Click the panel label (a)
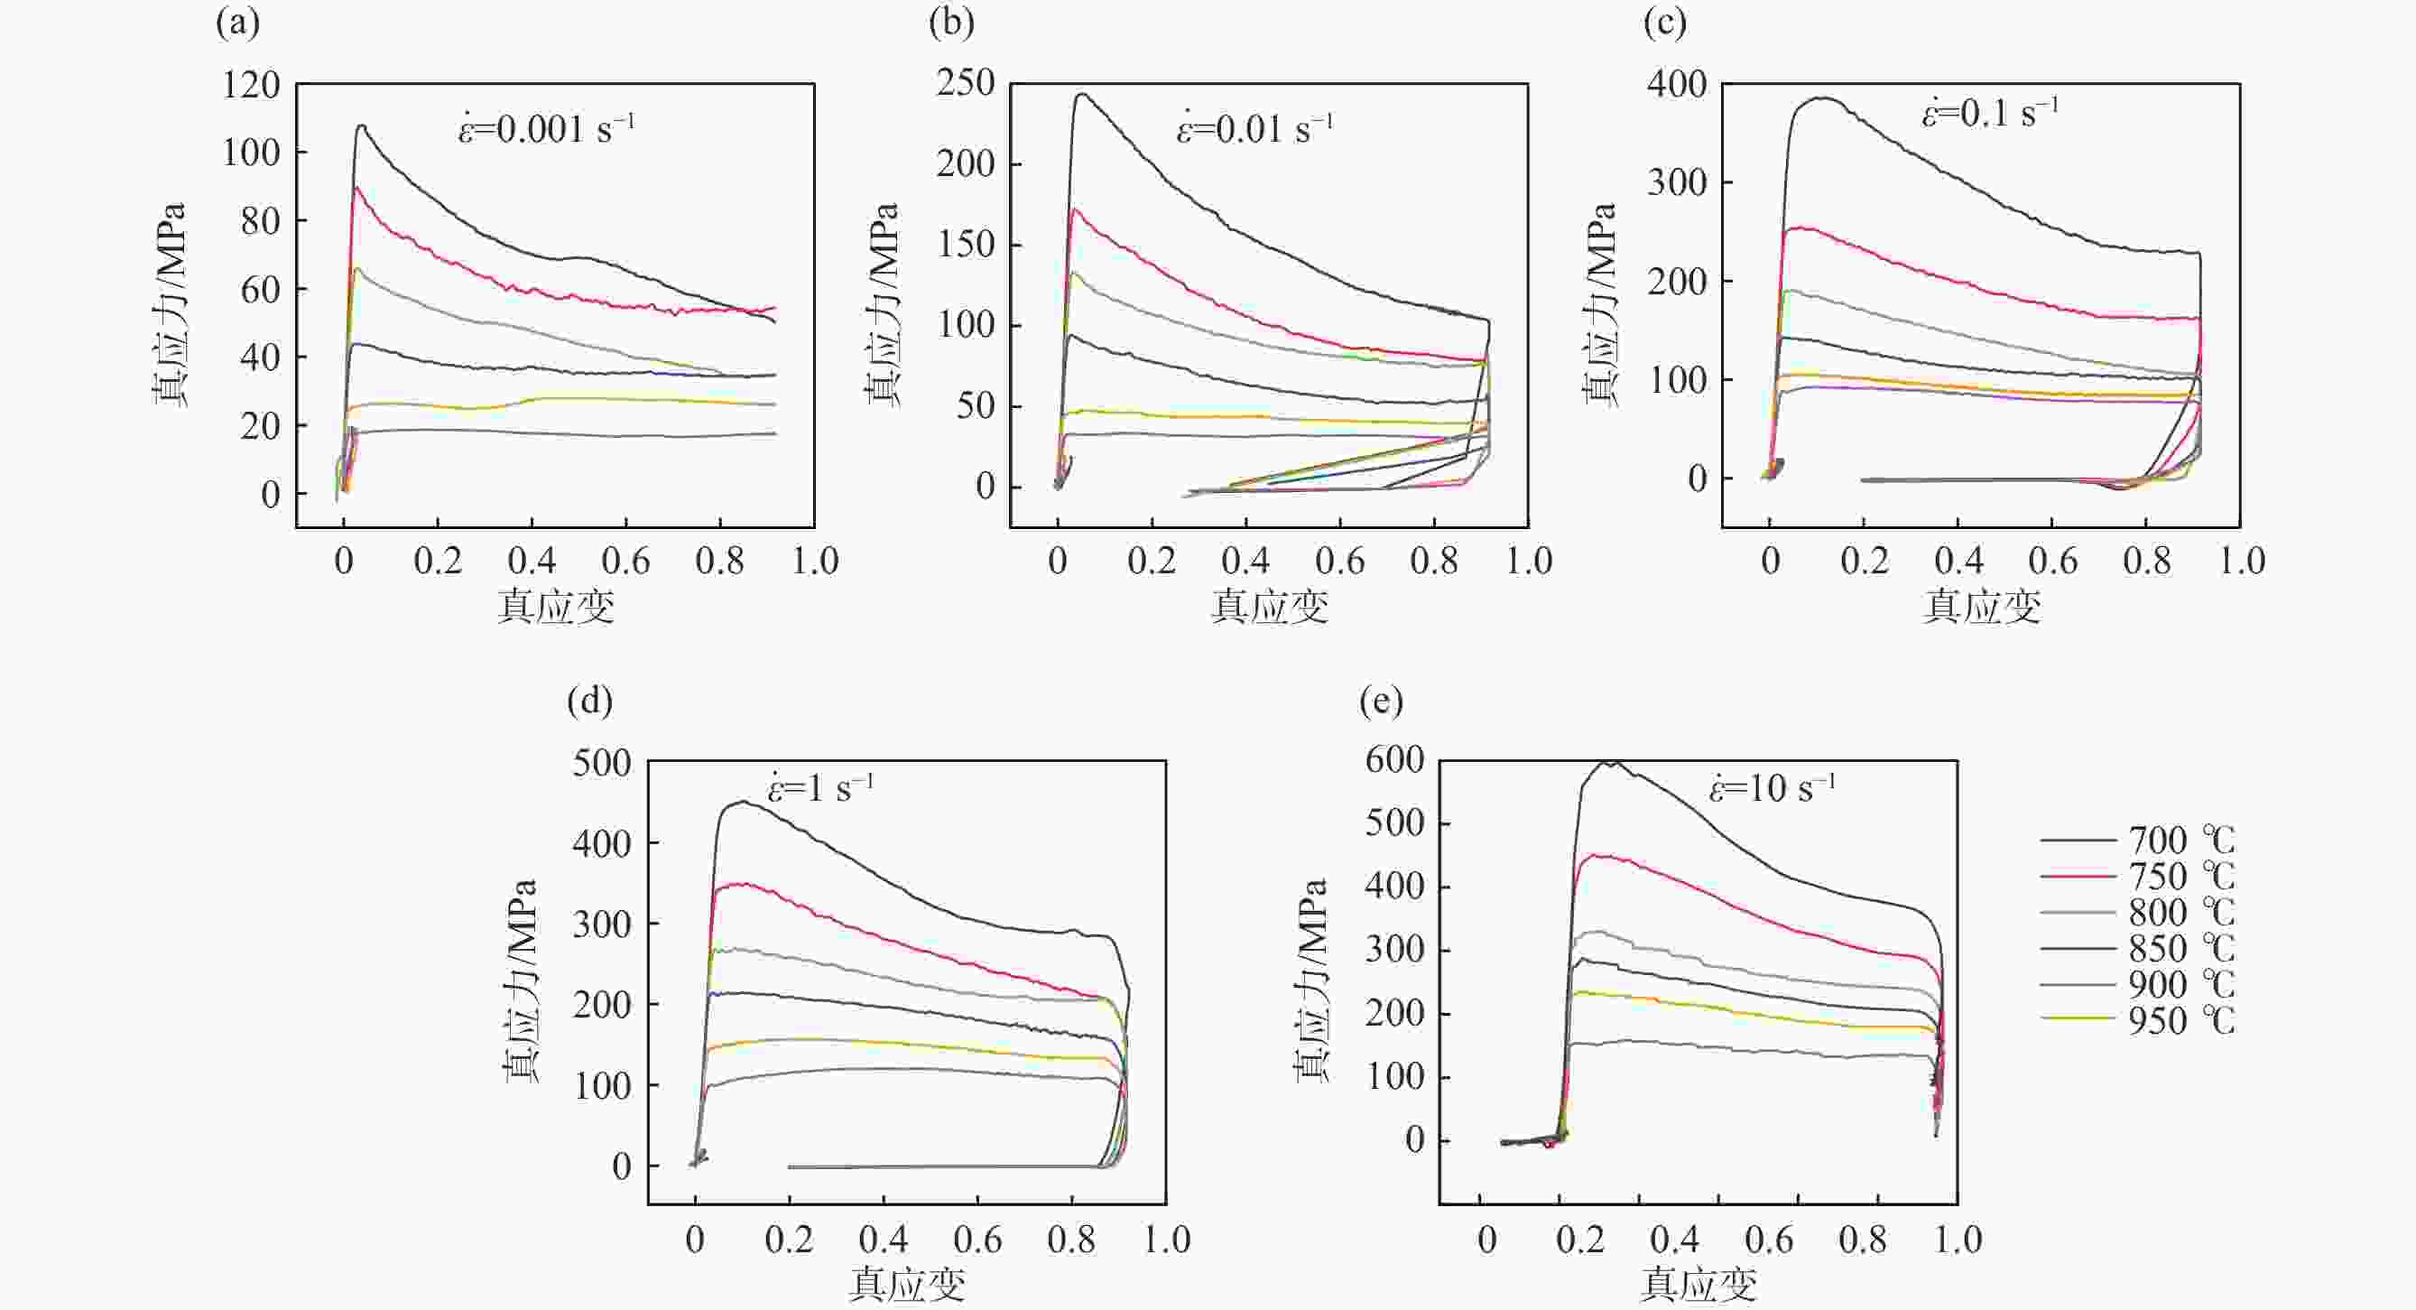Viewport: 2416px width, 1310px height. [237, 23]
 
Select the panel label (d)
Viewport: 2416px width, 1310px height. [589, 701]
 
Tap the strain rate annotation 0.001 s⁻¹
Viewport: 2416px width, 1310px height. [546, 128]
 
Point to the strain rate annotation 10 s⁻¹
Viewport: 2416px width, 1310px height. [1772, 788]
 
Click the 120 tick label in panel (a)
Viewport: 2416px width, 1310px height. [252, 86]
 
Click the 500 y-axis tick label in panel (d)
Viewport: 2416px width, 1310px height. [602, 763]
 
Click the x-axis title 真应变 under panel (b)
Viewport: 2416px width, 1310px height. [1269, 606]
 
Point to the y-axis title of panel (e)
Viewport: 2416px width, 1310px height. [1312, 980]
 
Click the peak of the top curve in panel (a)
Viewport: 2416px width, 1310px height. [361, 125]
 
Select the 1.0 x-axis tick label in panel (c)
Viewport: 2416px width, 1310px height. [2241, 562]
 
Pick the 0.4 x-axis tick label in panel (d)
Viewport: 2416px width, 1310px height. [883, 1240]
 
